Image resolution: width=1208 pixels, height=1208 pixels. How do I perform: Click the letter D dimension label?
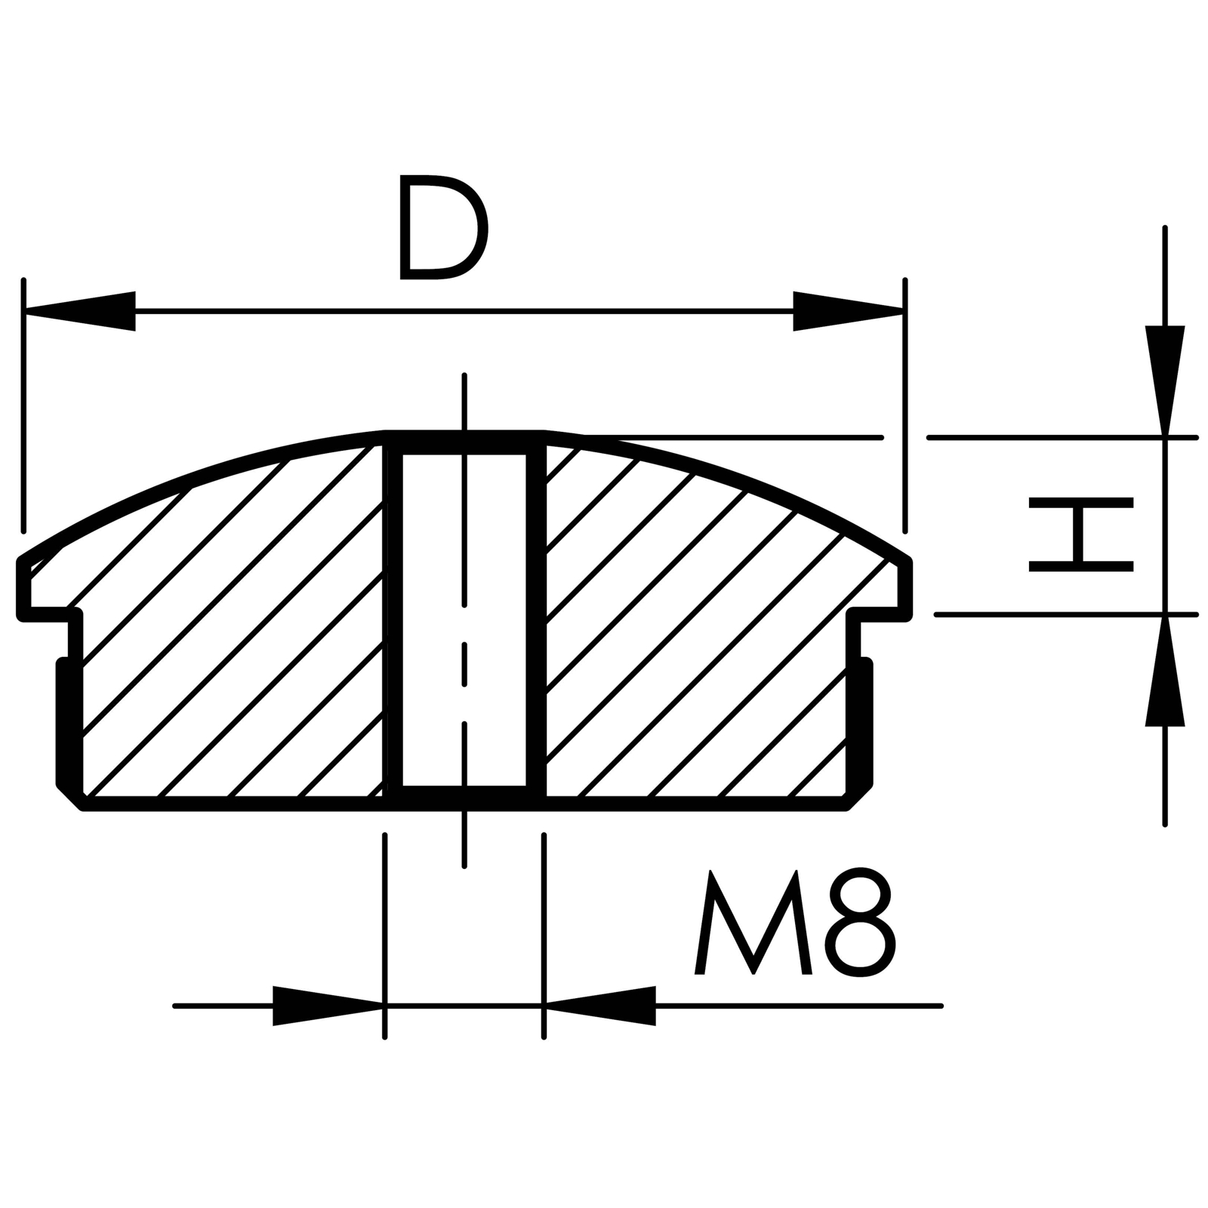point(443,227)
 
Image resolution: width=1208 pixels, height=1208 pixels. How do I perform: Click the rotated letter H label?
point(1081,534)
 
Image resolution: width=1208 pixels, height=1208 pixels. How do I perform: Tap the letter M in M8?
point(753,923)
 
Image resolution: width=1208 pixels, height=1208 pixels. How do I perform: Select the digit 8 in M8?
point(860,922)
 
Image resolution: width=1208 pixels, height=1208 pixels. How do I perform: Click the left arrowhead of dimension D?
point(80,311)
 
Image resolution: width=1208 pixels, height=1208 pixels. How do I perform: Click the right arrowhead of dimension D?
point(848,311)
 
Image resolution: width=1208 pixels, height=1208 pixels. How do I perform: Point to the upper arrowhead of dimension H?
point(1165,381)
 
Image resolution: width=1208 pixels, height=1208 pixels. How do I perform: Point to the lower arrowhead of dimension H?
point(1165,671)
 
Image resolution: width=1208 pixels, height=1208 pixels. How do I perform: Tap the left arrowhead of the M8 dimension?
point(328,1006)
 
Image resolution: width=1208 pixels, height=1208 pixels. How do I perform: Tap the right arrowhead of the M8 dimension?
point(599,1006)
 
